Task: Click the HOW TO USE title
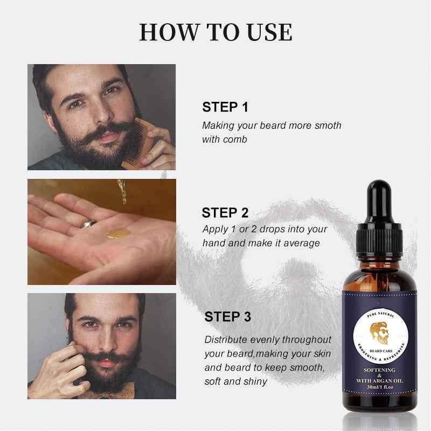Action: pos(215,32)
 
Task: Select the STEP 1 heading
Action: pos(225,107)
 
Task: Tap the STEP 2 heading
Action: pos(225,212)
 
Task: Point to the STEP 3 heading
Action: pos(227,316)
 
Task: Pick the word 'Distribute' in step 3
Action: pos(226,340)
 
